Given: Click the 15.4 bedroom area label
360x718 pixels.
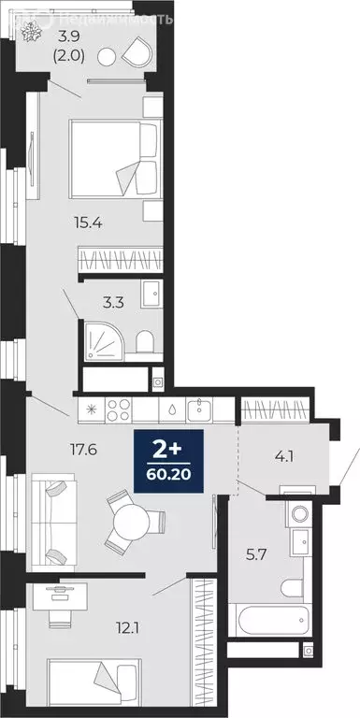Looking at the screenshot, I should [x=88, y=222].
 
